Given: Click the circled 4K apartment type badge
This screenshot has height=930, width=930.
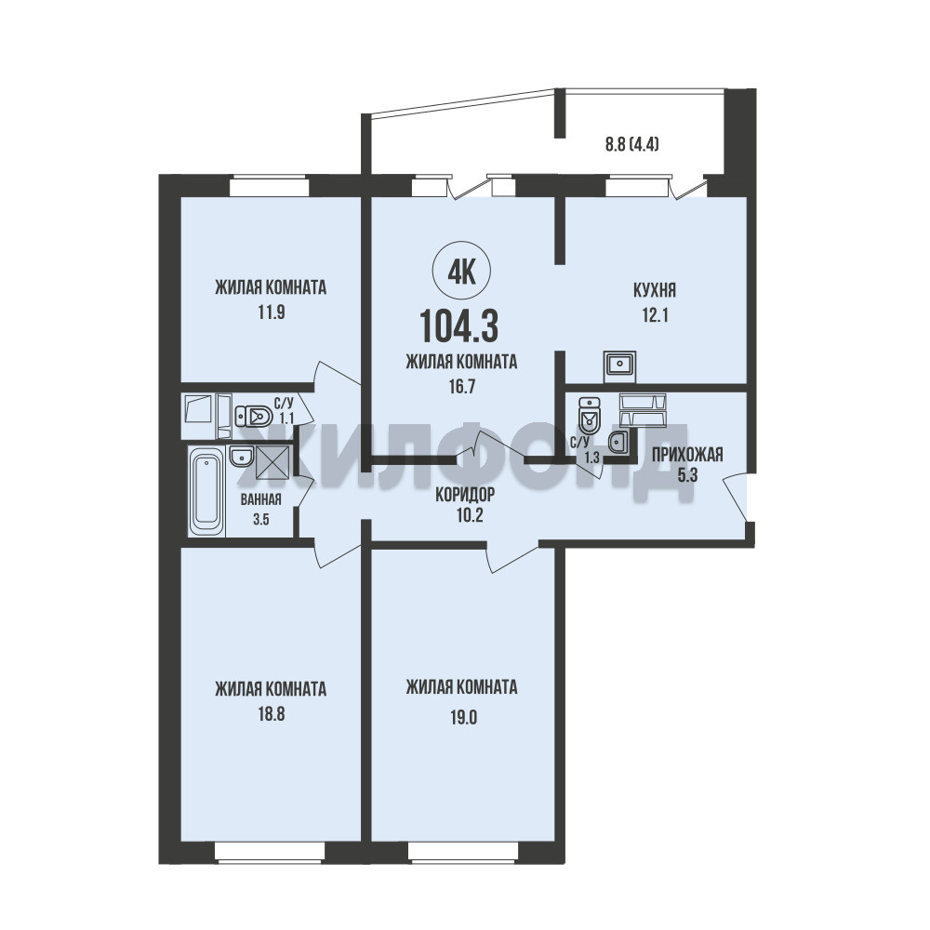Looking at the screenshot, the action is [462, 273].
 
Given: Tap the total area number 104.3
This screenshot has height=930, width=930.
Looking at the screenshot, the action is [458, 326].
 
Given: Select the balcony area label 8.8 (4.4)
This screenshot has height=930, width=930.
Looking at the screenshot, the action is [632, 144].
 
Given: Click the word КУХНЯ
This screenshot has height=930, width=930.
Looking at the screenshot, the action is [655, 290].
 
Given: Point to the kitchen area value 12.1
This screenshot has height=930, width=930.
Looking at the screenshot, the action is [655, 315].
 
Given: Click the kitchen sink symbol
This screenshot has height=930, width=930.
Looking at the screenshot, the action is [619, 365].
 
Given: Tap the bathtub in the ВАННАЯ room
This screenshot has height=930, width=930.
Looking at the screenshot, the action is [206, 492].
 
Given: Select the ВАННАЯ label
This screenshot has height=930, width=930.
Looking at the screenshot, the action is [261, 499].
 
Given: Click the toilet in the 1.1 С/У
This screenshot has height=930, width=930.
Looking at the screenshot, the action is [253, 416].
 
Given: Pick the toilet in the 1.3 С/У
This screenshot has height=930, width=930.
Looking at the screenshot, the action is [589, 415].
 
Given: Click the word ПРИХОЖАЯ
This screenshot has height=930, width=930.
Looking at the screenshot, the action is [687, 455].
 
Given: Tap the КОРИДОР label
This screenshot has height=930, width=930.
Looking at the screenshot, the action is [465, 494].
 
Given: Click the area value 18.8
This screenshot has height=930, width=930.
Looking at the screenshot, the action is [271, 714].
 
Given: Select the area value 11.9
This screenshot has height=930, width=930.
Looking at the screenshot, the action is [271, 312].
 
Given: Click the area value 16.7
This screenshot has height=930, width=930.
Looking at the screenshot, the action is [462, 387].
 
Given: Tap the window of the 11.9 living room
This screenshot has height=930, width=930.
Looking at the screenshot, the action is [270, 186].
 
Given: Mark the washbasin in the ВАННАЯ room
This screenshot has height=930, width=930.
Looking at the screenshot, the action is [241, 457].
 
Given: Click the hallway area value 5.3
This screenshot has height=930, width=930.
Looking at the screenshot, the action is [687, 475].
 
